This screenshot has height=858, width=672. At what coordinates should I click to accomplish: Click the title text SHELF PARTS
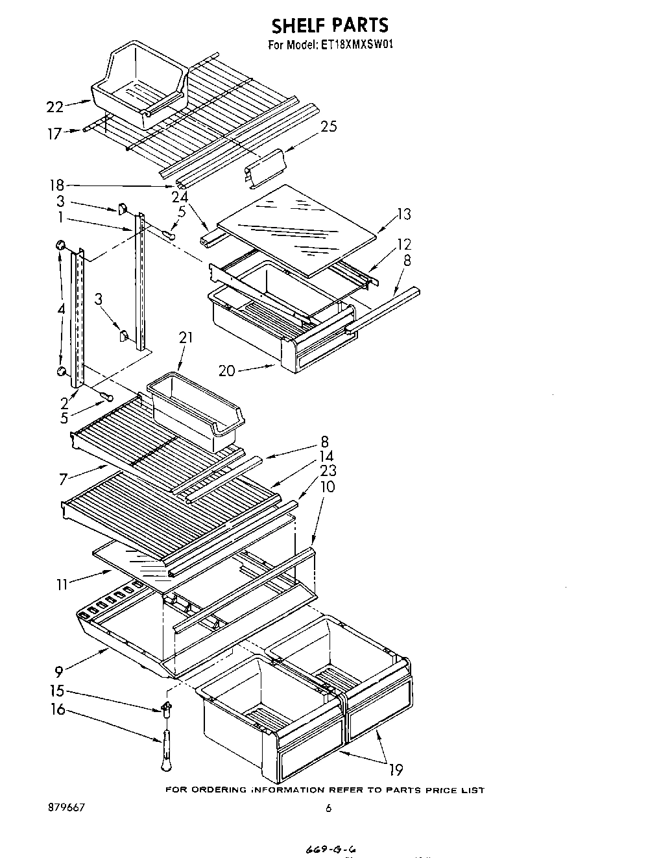330,25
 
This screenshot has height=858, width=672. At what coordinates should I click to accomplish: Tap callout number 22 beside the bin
55,107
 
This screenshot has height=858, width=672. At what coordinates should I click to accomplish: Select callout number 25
329,126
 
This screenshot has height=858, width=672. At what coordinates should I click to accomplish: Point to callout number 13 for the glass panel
404,215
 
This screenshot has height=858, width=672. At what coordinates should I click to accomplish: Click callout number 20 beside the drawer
227,370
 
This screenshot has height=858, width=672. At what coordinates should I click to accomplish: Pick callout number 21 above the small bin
186,337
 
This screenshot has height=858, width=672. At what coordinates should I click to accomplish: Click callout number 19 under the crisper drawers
395,770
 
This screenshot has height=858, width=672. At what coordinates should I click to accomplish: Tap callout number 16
58,709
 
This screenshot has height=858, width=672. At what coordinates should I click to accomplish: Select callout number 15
58,691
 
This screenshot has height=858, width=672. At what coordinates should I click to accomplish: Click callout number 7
63,479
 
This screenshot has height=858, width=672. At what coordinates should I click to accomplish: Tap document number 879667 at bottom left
67,808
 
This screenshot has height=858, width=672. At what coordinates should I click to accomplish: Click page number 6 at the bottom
328,808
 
